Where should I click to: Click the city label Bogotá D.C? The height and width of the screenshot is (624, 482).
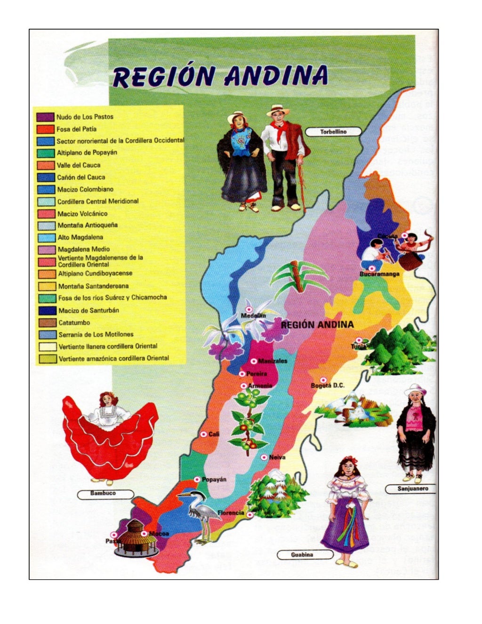(x=328, y=386)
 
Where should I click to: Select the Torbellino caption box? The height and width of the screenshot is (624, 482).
(x=333, y=132)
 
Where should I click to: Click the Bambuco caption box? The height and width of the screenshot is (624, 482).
(x=103, y=494)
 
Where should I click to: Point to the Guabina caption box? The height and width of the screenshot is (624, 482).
(x=302, y=555)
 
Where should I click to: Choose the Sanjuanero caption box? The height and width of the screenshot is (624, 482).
(x=413, y=489)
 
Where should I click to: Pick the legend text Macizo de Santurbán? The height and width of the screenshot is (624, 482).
(x=88, y=311)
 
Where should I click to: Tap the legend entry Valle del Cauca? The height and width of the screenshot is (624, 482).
(x=79, y=165)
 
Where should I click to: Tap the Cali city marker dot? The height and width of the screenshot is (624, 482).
(x=204, y=434)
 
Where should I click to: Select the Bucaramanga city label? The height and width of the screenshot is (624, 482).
(x=379, y=274)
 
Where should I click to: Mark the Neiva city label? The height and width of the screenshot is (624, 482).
(x=277, y=457)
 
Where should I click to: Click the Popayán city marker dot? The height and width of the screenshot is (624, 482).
(x=197, y=480)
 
